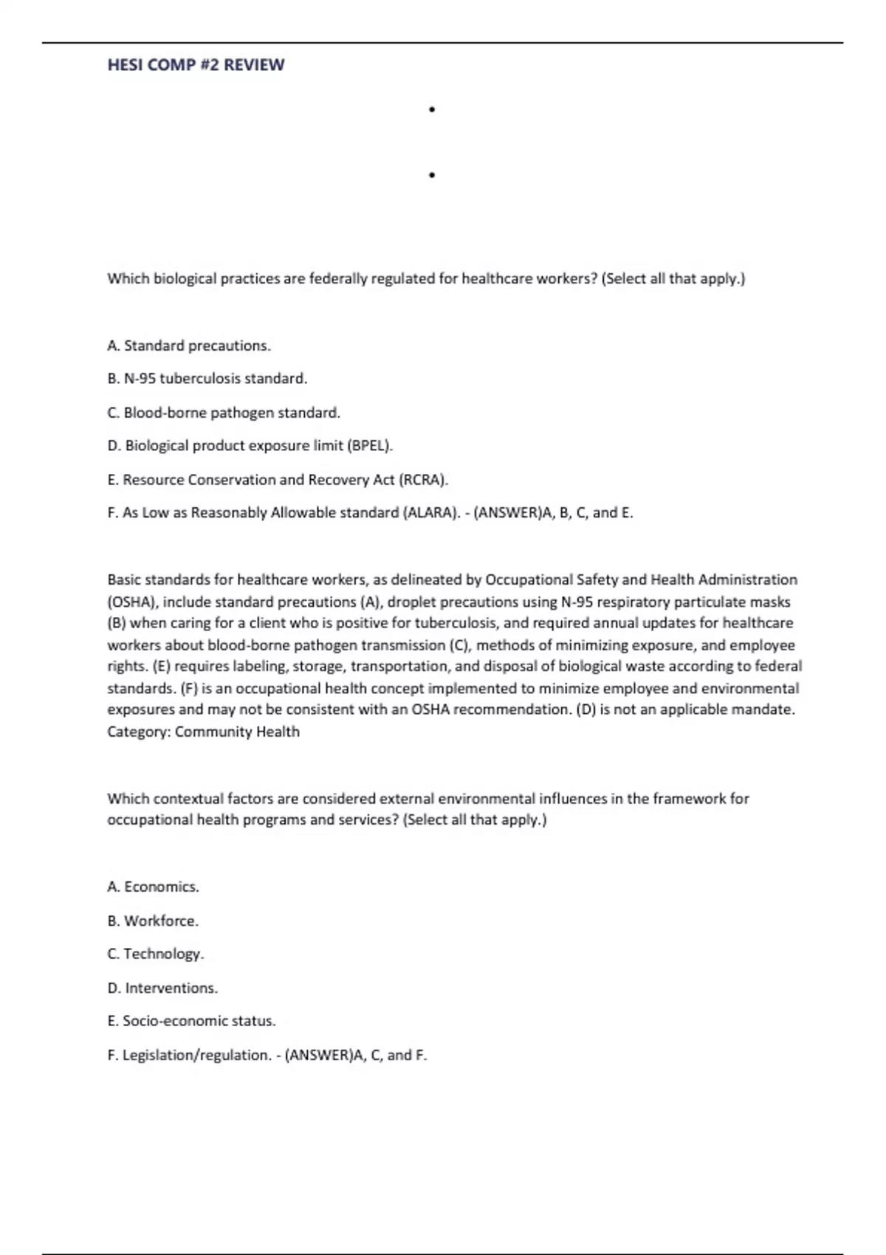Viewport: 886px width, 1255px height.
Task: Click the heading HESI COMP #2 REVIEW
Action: click(196, 65)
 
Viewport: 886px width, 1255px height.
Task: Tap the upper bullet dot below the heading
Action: click(431, 110)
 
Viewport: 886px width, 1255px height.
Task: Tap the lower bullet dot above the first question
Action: click(431, 176)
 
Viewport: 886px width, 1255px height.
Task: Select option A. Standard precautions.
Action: click(189, 345)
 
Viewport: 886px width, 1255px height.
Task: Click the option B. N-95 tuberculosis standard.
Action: click(207, 379)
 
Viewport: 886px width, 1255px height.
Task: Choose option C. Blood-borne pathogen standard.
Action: click(224, 413)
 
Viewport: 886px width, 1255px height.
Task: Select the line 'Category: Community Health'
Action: click(203, 732)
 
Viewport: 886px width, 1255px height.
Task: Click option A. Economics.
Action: click(153, 887)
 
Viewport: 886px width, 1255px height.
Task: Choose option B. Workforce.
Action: click(153, 921)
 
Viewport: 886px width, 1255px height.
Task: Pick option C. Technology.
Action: click(155, 954)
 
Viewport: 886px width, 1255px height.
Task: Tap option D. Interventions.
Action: click(162, 988)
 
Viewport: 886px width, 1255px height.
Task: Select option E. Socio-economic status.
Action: click(191, 1021)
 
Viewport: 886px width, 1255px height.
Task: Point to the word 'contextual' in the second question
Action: click(188, 799)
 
